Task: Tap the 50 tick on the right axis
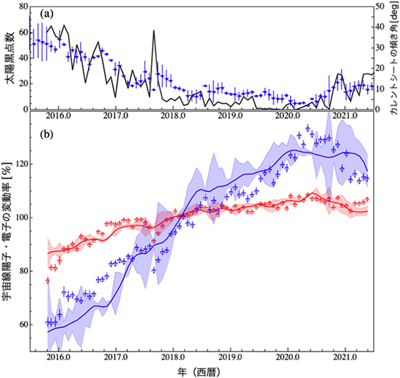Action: coord(381,6)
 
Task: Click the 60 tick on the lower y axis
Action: coord(21,324)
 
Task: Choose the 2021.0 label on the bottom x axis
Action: coord(345,359)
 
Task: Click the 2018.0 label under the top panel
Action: coord(172,116)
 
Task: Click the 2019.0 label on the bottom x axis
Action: coord(231,359)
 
